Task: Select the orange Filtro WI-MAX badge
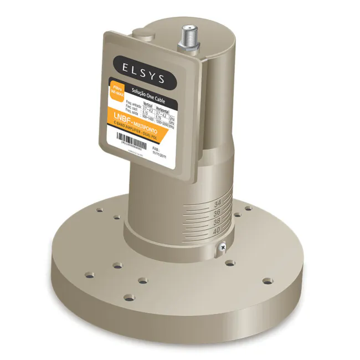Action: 116,90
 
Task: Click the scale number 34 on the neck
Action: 218,203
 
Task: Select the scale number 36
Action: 217,212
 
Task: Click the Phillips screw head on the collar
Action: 222,246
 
